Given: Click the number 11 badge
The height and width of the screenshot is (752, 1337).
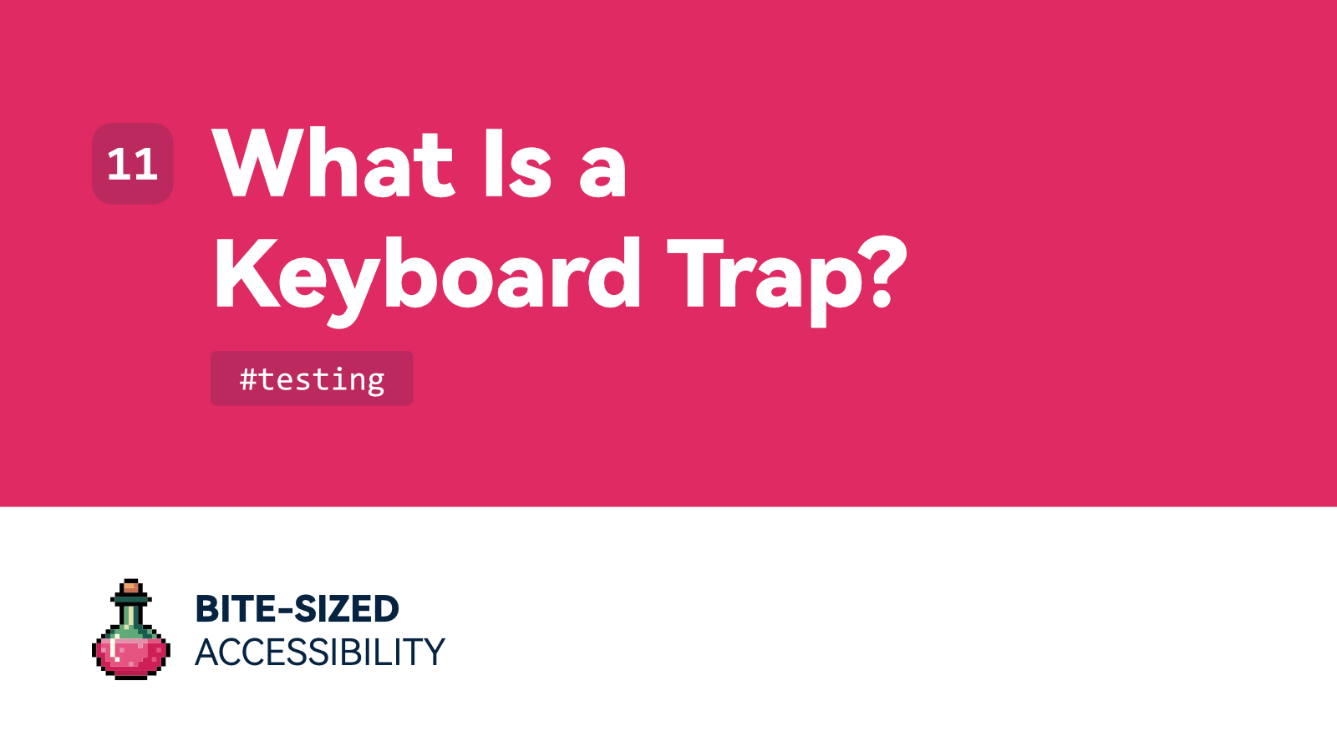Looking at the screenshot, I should click(x=133, y=164).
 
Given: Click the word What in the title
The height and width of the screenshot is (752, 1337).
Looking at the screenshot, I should click(x=333, y=164).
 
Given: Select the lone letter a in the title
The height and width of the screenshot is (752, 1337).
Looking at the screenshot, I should click(x=602, y=170).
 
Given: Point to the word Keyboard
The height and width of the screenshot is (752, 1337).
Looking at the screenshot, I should click(x=427, y=276).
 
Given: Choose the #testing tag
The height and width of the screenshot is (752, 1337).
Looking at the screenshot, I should click(x=312, y=379).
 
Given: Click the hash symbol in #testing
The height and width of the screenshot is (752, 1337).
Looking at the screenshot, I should click(x=248, y=379).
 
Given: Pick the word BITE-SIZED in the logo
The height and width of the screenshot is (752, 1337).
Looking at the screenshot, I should click(x=297, y=608).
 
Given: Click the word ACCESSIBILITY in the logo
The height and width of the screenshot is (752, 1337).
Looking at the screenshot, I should click(x=320, y=652).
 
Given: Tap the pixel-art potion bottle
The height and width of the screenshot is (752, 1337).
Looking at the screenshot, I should click(x=131, y=630).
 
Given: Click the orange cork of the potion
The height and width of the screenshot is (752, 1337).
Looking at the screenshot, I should click(x=131, y=587).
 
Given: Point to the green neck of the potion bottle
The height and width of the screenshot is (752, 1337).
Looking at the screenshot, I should click(x=131, y=617).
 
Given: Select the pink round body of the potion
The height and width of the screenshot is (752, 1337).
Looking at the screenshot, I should click(x=131, y=653).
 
